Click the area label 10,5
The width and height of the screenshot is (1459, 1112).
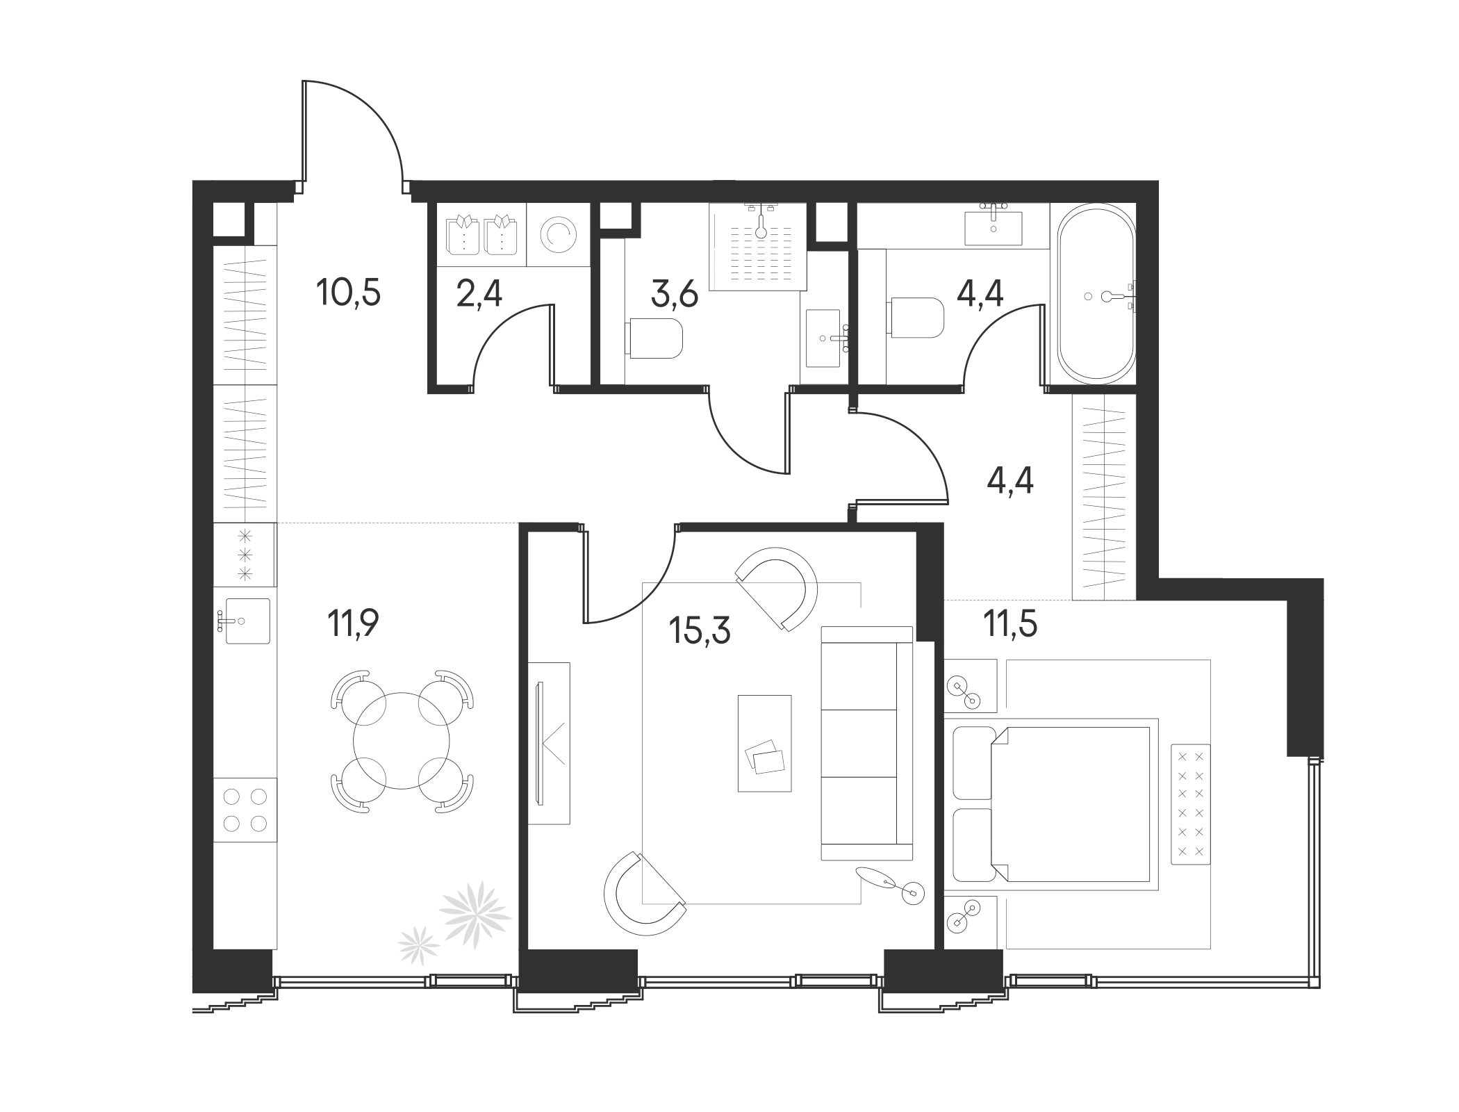point(348,292)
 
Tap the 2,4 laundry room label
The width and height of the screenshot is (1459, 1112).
point(479,294)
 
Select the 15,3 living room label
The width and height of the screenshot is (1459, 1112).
point(700,630)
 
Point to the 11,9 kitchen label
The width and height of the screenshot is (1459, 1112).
point(353,623)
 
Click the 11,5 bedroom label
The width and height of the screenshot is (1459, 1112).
point(1009,623)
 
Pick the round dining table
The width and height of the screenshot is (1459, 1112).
point(402,740)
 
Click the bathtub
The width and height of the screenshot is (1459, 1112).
point(1096,292)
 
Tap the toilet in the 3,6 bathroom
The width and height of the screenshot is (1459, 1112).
point(655,338)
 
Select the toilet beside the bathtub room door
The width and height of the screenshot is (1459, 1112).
point(917,318)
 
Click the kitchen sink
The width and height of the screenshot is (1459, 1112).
point(247,621)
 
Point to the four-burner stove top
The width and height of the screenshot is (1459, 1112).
point(245,810)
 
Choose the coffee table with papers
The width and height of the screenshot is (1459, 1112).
point(764,743)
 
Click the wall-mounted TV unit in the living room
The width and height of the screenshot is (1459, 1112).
point(548,743)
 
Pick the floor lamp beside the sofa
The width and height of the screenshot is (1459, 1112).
point(912,892)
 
